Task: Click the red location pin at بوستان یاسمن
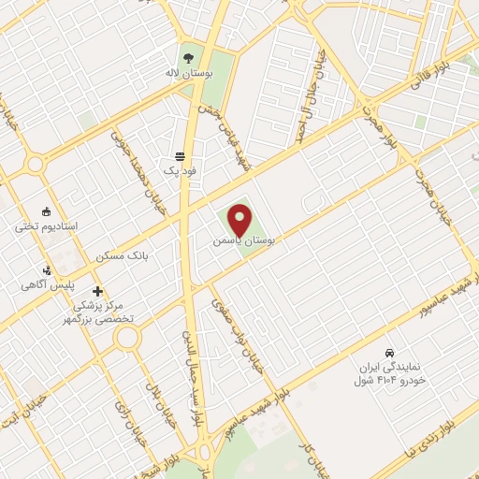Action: point(239,219)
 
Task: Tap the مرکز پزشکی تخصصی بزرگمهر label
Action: point(105,312)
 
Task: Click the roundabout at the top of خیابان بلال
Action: point(122,336)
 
